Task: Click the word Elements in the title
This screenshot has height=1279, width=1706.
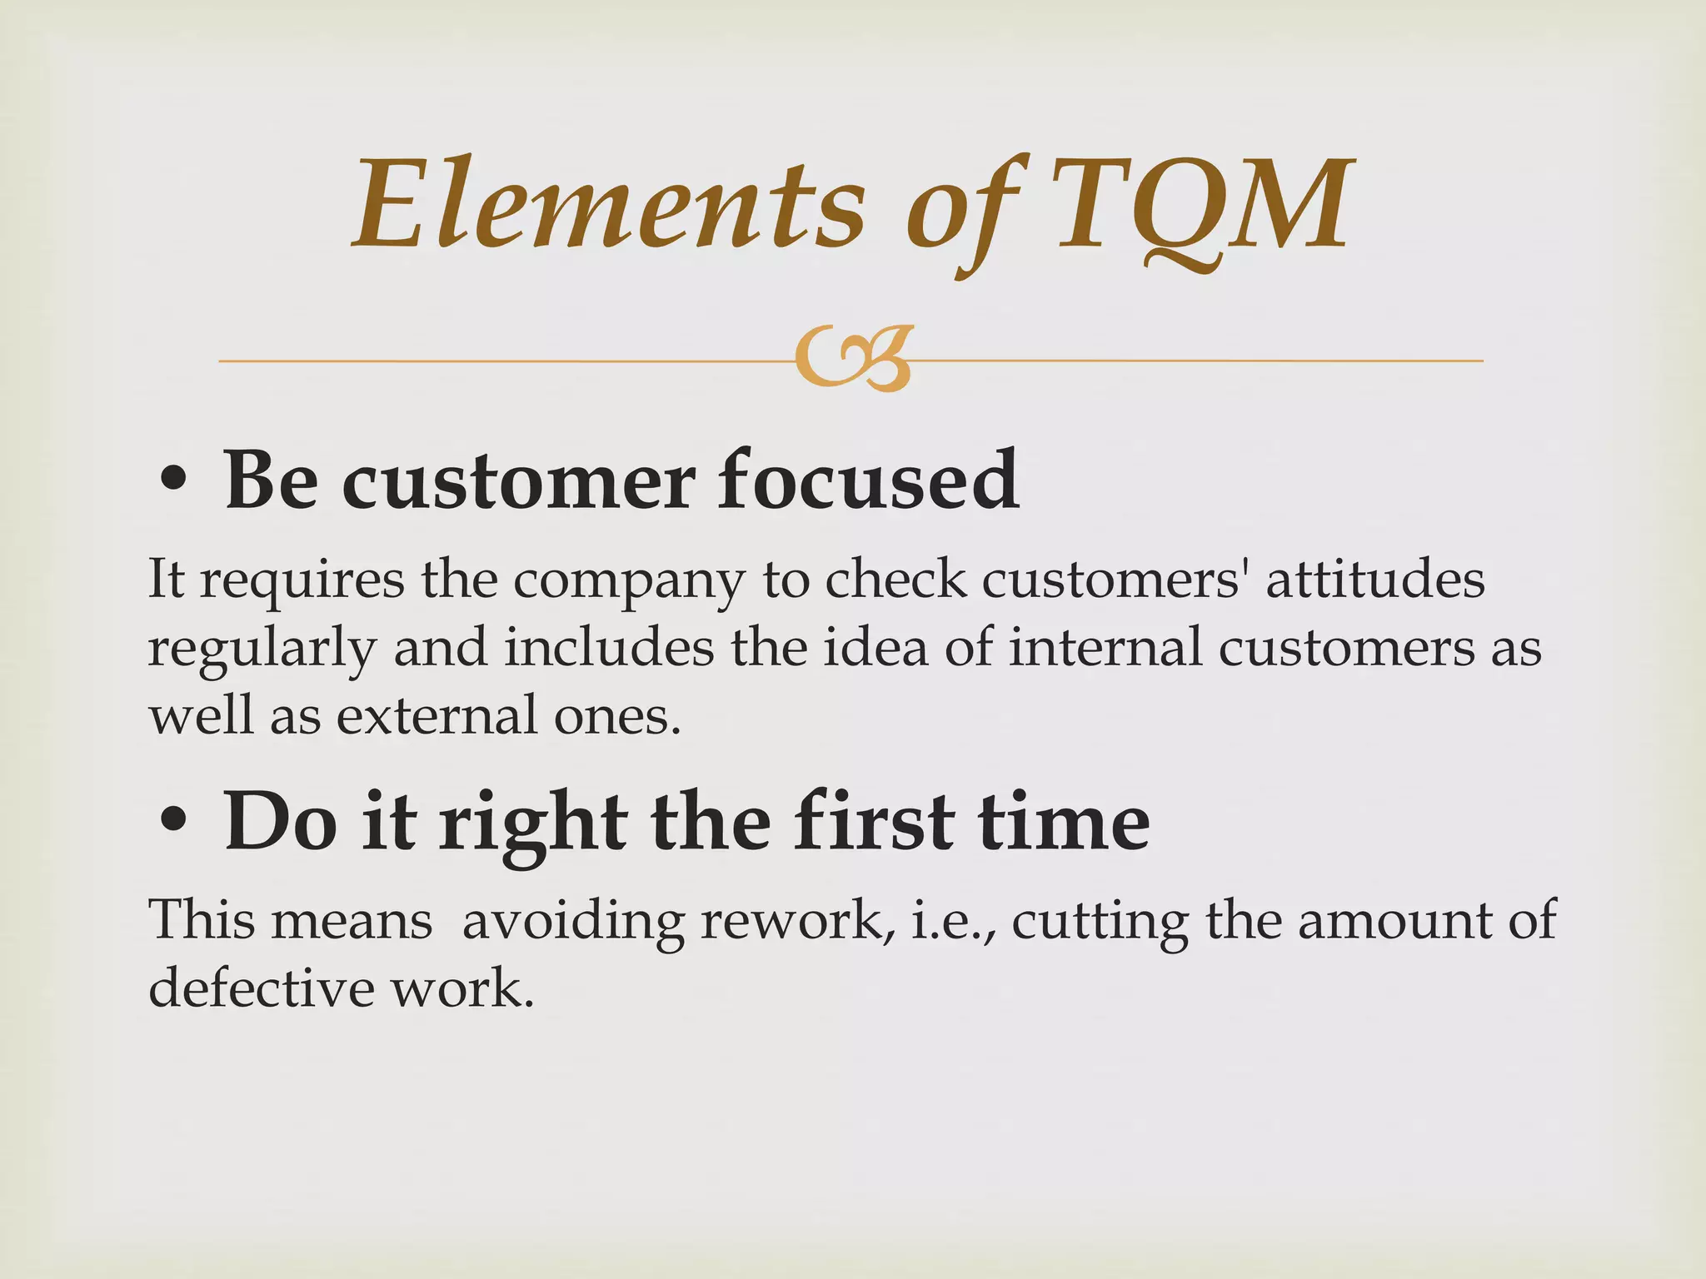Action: coord(608,205)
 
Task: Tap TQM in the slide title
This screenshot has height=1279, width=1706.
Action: coord(1200,205)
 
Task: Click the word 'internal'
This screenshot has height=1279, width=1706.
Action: coord(1105,648)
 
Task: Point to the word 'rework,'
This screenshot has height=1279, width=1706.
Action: coord(795,921)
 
